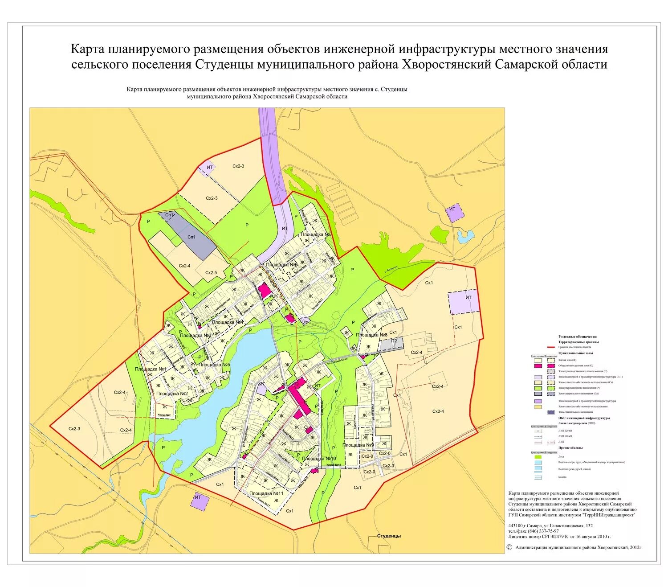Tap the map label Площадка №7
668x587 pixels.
click(x=317, y=234)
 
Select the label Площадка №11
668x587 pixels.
click(x=266, y=493)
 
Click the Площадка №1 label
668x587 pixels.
click(x=151, y=369)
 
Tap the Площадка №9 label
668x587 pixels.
click(x=358, y=445)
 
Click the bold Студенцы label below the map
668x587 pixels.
click(x=389, y=536)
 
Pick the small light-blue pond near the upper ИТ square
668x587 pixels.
click(x=465, y=236)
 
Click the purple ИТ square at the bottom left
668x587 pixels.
click(x=199, y=502)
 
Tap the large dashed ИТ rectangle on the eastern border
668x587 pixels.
click(x=464, y=303)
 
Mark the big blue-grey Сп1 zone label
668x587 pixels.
click(x=192, y=237)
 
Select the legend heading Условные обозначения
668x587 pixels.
click(x=577, y=337)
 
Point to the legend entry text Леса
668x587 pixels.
click(x=561, y=456)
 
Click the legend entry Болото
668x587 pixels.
click(x=562, y=477)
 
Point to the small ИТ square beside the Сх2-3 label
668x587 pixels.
click(x=209, y=168)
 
